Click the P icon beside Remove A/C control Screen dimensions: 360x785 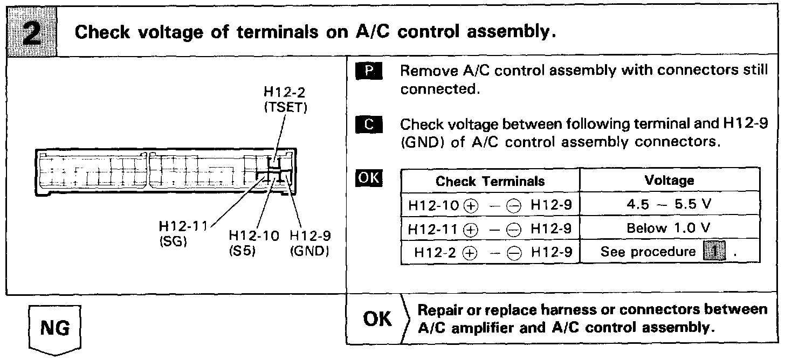click(369, 72)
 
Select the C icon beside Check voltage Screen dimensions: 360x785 click(369, 125)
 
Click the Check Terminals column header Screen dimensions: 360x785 click(490, 181)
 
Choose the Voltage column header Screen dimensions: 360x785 click(669, 181)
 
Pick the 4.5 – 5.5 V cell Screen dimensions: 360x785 click(669, 205)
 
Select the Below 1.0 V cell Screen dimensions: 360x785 click(669, 229)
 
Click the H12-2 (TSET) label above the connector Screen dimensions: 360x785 click(285, 100)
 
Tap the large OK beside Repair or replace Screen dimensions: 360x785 click(378, 319)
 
